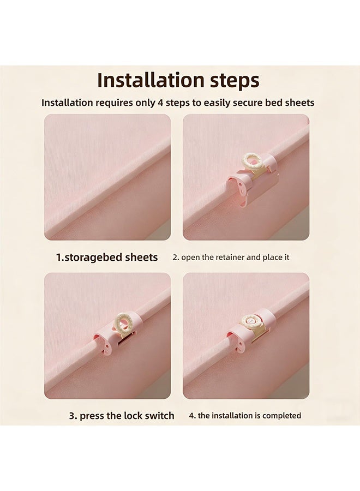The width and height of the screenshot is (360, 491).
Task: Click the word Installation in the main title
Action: coord(151,80)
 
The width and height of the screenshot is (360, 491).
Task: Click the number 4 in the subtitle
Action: coord(160,103)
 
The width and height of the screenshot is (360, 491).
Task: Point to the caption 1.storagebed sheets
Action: coord(107,258)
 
